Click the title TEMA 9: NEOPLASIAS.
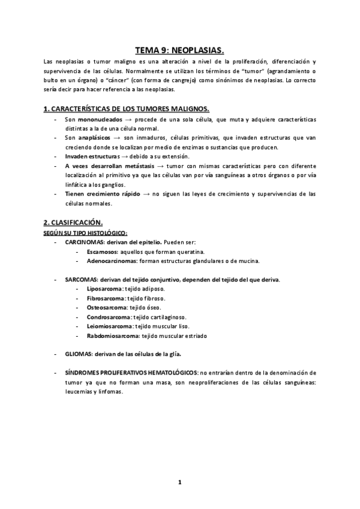coord(180,51)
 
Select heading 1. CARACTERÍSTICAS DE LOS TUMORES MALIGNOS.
coord(127,109)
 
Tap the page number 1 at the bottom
coord(179,482)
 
